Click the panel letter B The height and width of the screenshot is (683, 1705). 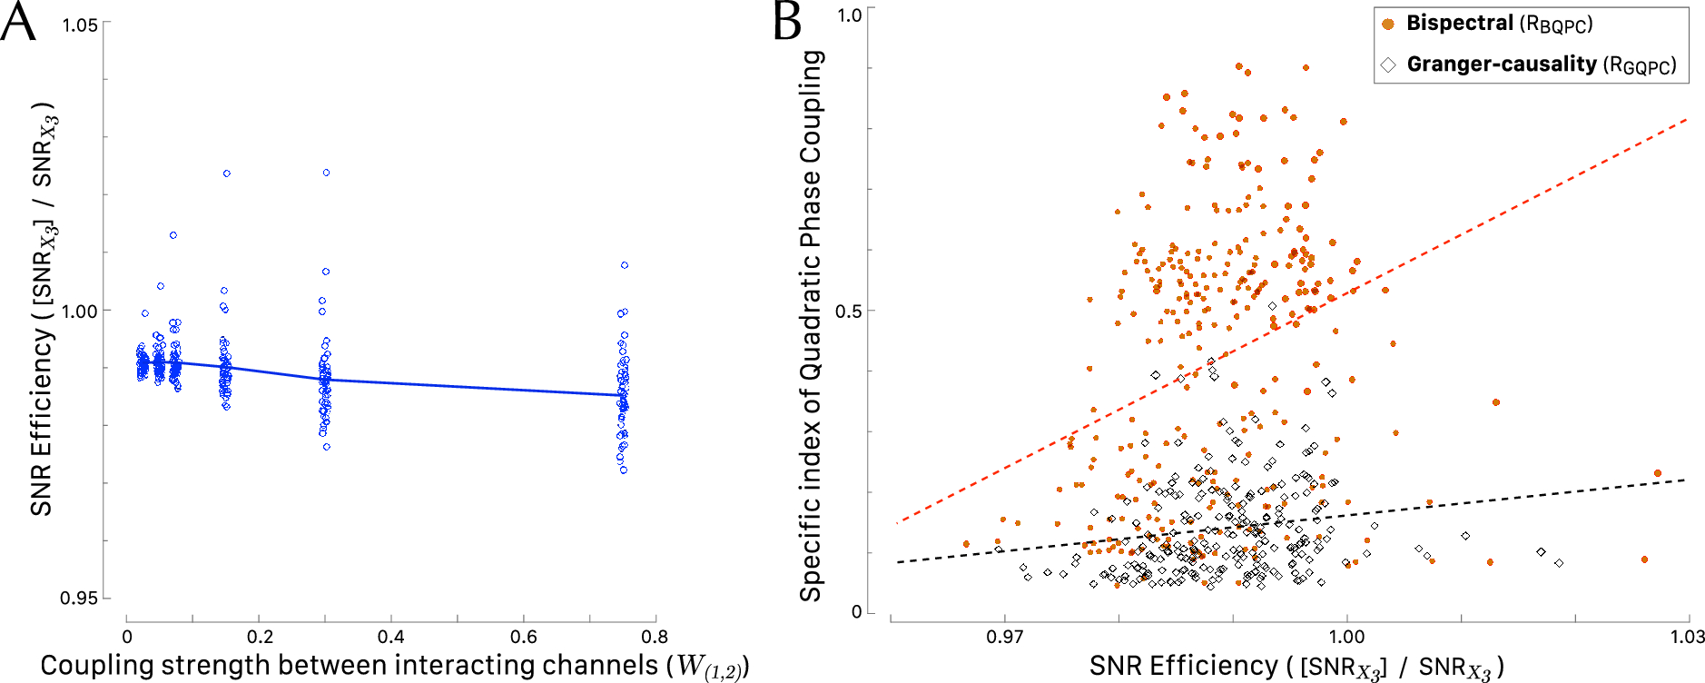click(786, 22)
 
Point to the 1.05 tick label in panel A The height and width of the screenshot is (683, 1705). click(79, 25)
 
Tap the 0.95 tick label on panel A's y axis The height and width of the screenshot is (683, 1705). click(79, 599)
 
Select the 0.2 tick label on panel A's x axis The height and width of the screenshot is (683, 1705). click(260, 638)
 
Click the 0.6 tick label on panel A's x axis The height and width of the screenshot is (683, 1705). click(523, 638)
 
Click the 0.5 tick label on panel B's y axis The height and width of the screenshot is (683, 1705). click(848, 312)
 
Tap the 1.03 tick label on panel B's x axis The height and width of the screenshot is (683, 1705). click(1687, 638)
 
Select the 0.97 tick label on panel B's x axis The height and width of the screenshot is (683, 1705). click(1004, 638)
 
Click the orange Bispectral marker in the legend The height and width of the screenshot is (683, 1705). click(1387, 24)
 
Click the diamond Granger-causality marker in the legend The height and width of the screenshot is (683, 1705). click(1387, 64)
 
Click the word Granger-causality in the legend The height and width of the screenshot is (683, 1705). click(1501, 64)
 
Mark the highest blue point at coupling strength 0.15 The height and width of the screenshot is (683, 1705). click(226, 173)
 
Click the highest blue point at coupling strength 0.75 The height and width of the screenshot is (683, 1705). click(625, 265)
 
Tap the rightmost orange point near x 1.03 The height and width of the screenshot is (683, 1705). click(1657, 473)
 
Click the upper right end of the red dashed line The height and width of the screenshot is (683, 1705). click(1685, 119)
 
